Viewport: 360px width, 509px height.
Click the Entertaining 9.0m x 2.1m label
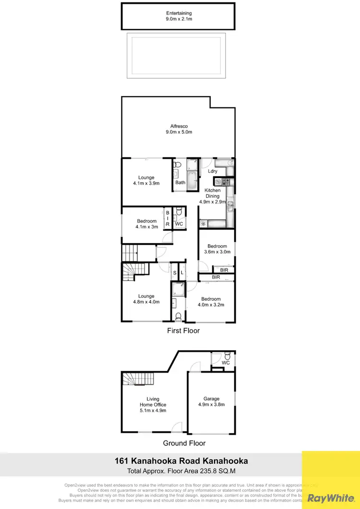(179, 16)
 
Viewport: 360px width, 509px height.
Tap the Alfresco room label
(179, 129)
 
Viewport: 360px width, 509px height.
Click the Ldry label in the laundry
(213, 171)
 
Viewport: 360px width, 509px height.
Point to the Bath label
(180, 182)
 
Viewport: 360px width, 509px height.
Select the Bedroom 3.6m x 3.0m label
(217, 249)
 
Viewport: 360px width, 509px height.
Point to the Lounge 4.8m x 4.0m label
(146, 299)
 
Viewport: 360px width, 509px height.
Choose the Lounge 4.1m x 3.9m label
(146, 180)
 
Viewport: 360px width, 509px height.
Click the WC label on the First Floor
(179, 224)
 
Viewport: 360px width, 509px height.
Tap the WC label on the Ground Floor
(226, 363)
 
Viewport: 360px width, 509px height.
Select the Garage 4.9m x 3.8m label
(211, 402)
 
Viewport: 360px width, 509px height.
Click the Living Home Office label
(153, 404)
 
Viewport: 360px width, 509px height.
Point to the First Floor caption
(183, 331)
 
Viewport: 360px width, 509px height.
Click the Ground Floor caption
(184, 443)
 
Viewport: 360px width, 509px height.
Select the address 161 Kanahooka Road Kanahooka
(181, 461)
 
